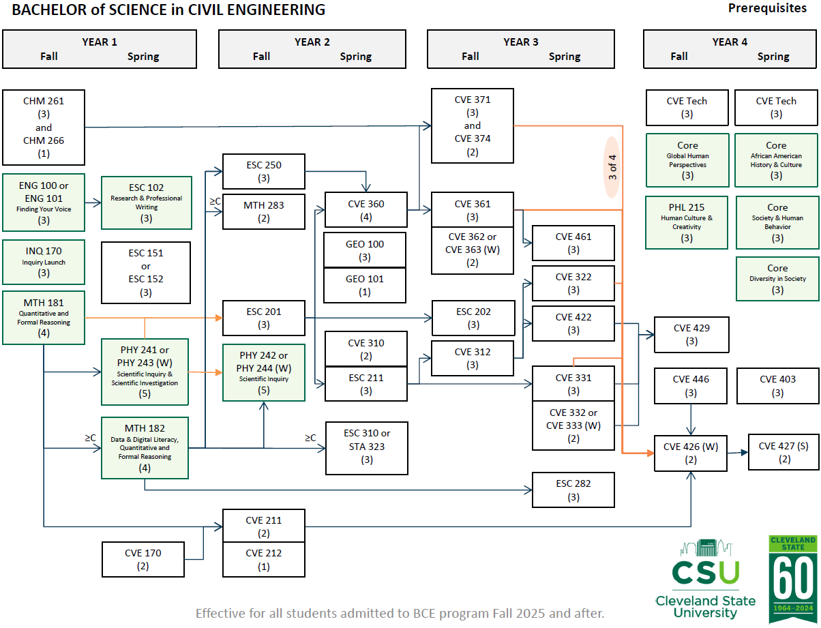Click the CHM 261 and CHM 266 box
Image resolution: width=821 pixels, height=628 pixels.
(44, 128)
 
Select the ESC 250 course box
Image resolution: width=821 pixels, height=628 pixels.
(264, 171)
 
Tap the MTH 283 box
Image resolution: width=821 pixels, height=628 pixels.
(264, 211)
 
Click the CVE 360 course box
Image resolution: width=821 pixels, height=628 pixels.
(366, 210)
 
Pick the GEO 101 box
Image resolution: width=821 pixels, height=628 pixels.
(365, 285)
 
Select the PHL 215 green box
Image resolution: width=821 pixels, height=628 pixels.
(687, 222)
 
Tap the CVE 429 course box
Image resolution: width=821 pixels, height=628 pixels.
(691, 334)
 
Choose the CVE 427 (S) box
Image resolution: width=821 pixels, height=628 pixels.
(783, 452)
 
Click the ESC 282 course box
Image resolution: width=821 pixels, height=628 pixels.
(573, 490)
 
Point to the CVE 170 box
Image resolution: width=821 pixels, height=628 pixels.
(143, 559)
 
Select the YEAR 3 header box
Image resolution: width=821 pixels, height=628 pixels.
(521, 49)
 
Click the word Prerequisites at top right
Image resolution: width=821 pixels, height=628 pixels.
(767, 8)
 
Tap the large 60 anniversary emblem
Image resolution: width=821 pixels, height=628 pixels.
(792, 580)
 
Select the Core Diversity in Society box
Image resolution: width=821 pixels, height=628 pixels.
(777, 278)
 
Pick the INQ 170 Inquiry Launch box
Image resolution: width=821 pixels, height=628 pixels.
(44, 262)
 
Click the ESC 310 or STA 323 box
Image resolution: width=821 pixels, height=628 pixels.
(367, 447)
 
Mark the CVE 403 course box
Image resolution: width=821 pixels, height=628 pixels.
(777, 386)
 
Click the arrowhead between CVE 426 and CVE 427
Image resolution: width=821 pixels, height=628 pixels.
(743, 451)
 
